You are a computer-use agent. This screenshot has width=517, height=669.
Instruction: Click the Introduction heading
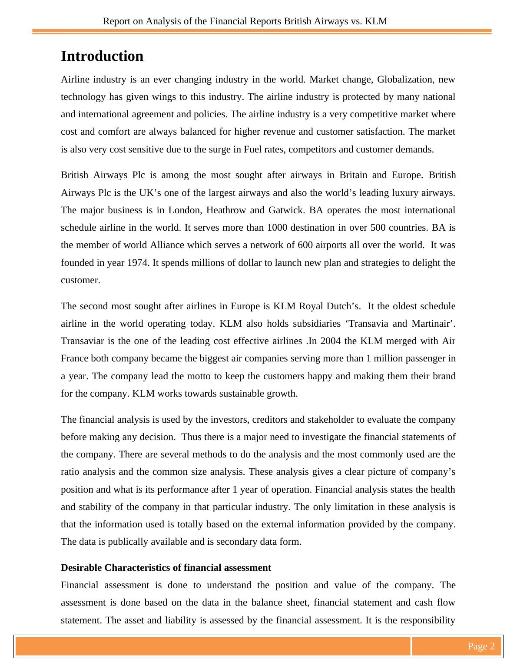click(x=102, y=56)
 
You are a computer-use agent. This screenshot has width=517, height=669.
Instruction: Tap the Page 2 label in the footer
click(x=481, y=646)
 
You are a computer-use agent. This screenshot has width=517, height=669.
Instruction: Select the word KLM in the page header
click(x=376, y=21)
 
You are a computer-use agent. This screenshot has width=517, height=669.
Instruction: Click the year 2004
click(x=331, y=341)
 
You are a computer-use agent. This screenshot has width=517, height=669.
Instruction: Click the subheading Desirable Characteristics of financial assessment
click(x=166, y=568)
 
